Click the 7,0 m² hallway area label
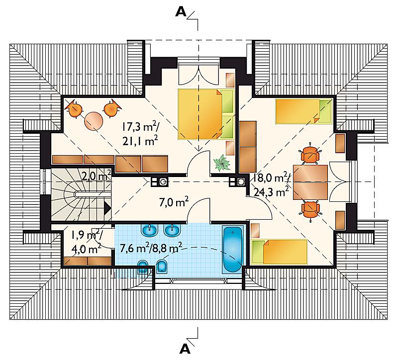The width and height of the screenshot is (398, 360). point(174,202)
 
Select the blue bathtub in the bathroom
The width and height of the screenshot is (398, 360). point(233,250)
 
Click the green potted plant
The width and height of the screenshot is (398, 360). point(222,163)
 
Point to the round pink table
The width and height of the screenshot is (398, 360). point(94,121)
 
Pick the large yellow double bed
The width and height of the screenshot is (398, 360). point(206,114)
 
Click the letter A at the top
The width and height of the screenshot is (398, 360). point(181,11)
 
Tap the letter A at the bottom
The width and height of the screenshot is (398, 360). point(185,349)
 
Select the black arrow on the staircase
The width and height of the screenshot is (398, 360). point(108,208)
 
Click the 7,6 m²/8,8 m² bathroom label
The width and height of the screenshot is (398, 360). point(151,248)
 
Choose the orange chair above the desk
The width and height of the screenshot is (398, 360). point(310,154)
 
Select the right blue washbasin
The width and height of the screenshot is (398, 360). point(173,230)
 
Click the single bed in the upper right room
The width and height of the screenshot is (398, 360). point(304,111)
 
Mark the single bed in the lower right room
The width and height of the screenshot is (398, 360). point(279,252)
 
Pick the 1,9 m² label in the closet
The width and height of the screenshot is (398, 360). point(87,236)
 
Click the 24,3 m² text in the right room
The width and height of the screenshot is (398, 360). point(271,192)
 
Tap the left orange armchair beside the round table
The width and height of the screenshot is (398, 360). point(74,109)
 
